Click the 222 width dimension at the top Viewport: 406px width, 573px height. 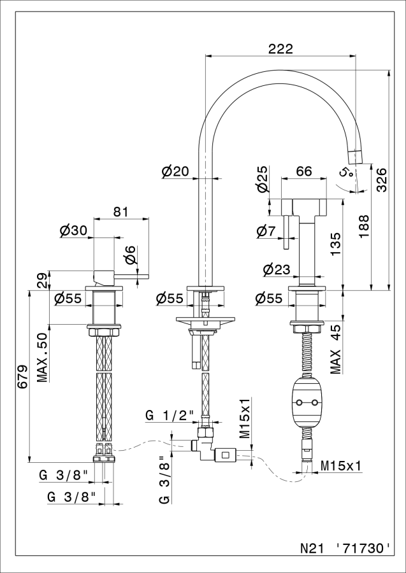pos(280,48)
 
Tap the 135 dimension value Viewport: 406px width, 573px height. pos(336,245)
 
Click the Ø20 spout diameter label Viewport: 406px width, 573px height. pos(175,171)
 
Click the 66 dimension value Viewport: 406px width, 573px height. pos(304,171)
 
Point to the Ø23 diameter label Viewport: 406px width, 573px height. pos(277,269)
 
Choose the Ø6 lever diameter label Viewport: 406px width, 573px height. pos(129,254)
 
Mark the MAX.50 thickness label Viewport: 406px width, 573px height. pos(43,357)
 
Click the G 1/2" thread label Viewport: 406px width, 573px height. pos(170,415)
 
